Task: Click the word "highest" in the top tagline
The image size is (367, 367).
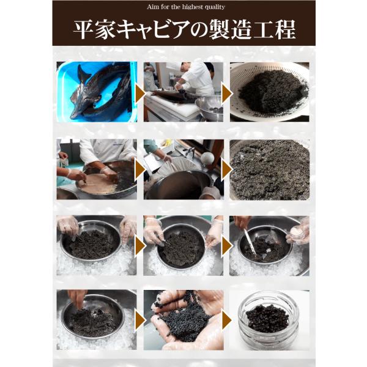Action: click(x=192, y=7)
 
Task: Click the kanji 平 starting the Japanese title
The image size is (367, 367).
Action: click(x=83, y=30)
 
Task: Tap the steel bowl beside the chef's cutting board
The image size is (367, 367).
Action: click(x=209, y=108)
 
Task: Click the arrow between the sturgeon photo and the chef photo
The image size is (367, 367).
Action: click(x=140, y=94)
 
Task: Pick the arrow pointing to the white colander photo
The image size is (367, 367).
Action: click(x=226, y=94)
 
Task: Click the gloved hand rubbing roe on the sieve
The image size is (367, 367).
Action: click(x=109, y=174)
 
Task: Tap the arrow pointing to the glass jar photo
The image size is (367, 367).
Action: click(x=226, y=320)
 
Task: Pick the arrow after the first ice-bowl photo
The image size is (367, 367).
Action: click(x=140, y=246)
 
